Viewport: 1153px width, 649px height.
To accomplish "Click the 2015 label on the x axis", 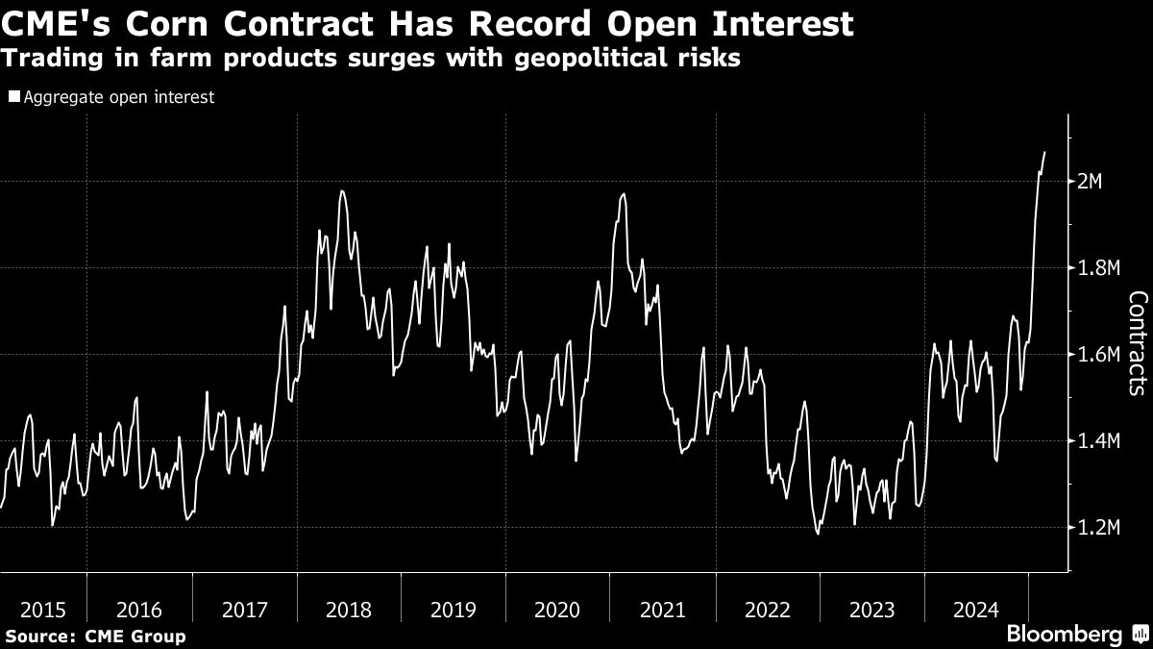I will [x=43, y=610].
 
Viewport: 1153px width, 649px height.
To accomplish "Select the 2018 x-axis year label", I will [x=349, y=610].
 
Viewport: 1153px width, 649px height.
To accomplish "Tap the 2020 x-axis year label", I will [x=557, y=610].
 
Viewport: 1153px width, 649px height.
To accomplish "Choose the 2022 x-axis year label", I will [x=767, y=610].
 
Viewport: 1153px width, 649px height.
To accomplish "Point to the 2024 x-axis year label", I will [x=976, y=610].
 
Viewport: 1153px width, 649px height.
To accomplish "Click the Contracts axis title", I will [x=1136, y=343].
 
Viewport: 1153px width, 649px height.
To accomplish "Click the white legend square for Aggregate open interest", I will [x=13, y=97].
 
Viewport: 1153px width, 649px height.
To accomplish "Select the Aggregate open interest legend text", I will [x=118, y=97].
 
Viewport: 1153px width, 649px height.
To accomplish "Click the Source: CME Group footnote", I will [x=95, y=636].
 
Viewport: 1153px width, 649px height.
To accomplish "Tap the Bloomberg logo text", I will [x=1063, y=635].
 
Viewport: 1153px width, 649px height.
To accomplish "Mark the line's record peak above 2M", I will [x=1044, y=152].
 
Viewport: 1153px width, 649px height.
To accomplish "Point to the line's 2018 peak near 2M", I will [x=342, y=191].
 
